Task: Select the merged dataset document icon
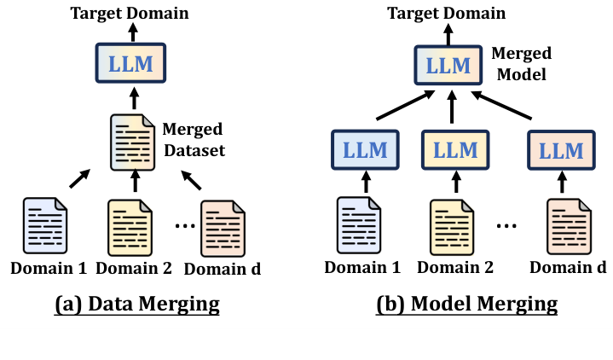[133, 141]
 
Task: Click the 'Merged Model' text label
[521, 64]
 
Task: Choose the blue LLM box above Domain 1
[364, 148]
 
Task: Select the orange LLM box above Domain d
[561, 148]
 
